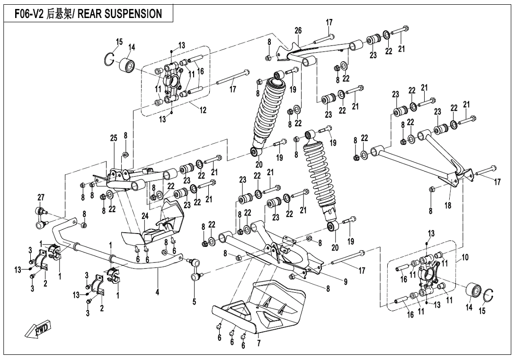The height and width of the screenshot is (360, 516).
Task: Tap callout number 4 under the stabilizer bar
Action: click(x=157, y=292)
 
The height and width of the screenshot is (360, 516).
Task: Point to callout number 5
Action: click(x=194, y=301)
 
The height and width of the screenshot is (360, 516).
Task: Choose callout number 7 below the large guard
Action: click(x=259, y=343)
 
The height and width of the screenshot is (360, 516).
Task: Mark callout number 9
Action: click(x=346, y=282)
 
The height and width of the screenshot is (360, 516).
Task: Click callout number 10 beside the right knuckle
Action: click(x=465, y=257)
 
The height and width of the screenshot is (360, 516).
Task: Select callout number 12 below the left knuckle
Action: click(x=203, y=110)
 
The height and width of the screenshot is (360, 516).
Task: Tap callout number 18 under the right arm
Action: click(x=448, y=206)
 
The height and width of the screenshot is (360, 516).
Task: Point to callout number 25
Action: click(x=114, y=138)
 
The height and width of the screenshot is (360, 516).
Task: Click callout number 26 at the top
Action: click(x=298, y=31)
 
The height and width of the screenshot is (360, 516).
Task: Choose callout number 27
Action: click(x=41, y=197)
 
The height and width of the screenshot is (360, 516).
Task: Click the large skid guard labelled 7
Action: click(x=265, y=308)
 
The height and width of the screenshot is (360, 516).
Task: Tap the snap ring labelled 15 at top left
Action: click(x=110, y=60)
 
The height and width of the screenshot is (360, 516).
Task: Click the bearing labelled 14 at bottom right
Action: click(x=473, y=289)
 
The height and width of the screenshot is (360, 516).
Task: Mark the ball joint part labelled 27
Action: click(x=40, y=216)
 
